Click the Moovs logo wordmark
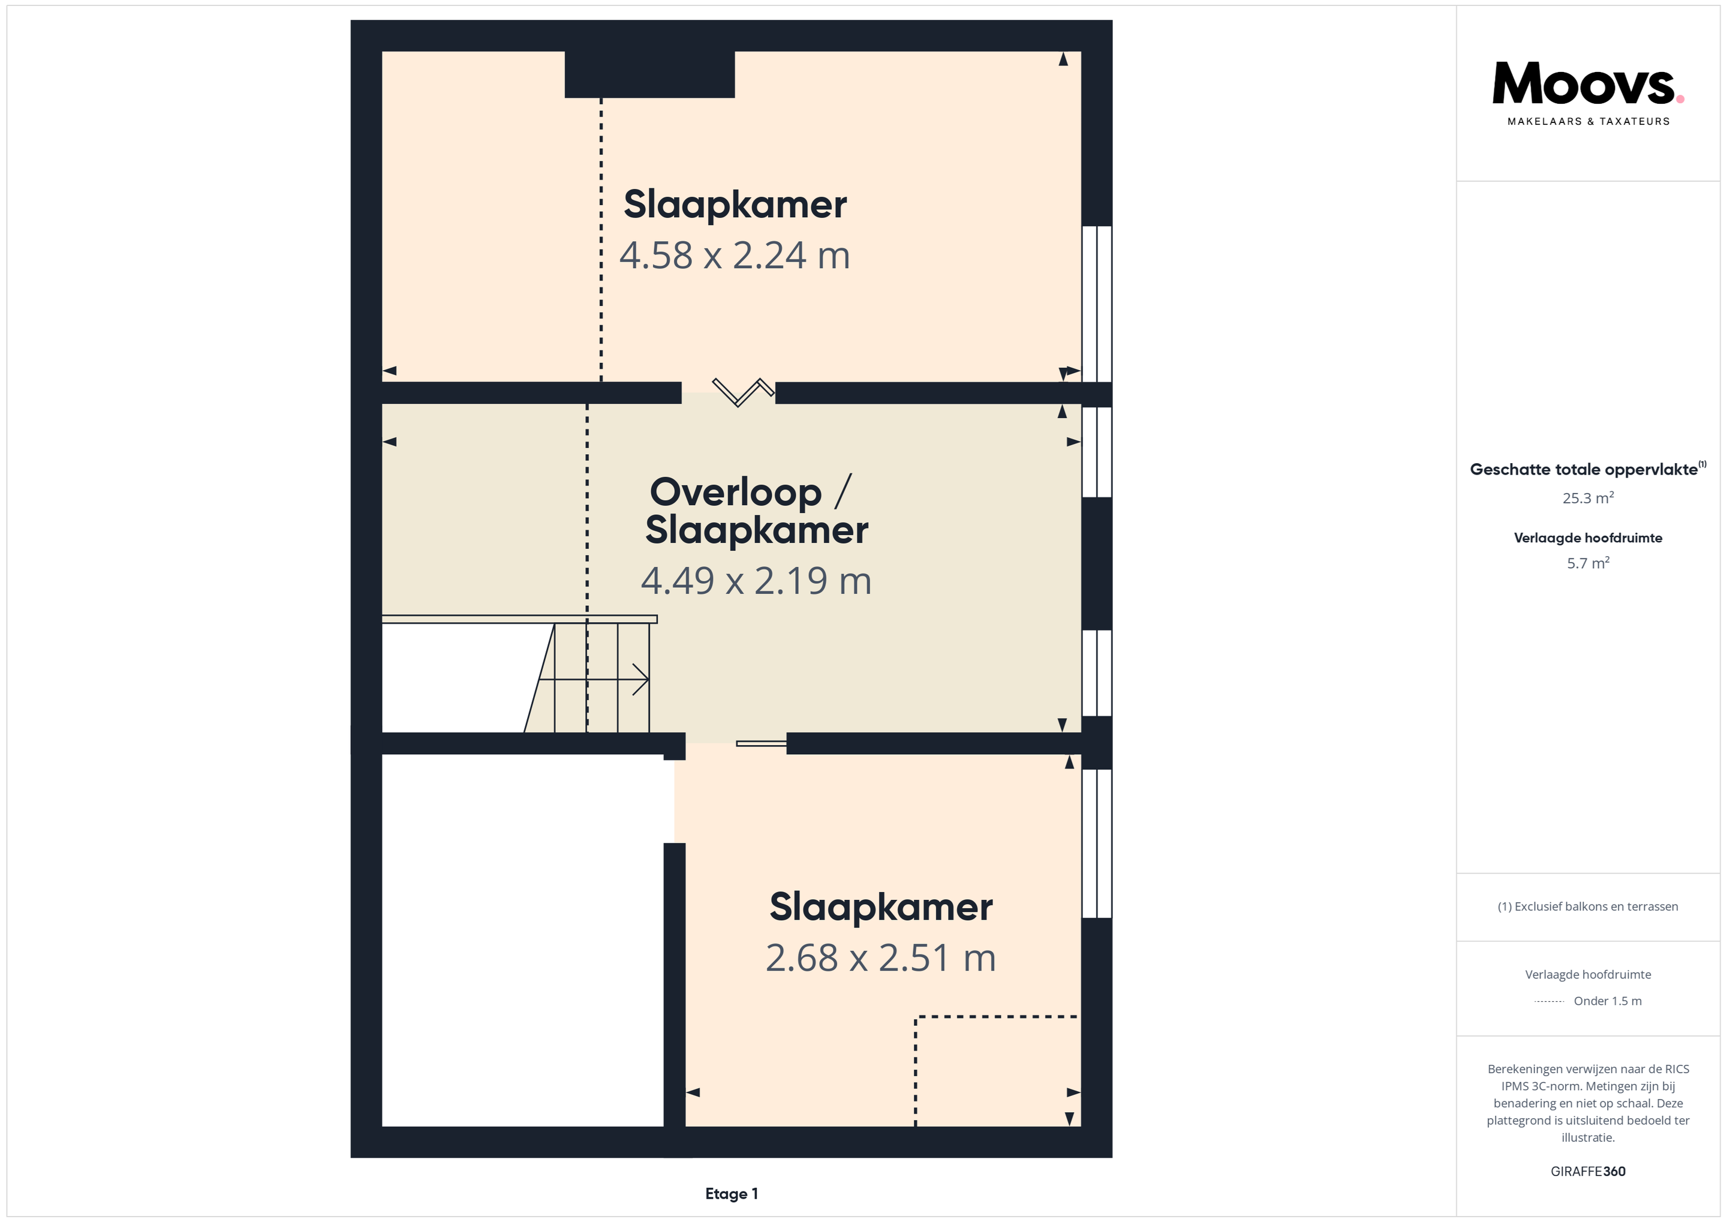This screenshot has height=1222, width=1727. pyautogui.click(x=1588, y=83)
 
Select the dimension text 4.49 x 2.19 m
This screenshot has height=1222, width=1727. pyautogui.click(x=756, y=581)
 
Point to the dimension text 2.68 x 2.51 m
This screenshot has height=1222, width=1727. pyautogui.click(x=881, y=958)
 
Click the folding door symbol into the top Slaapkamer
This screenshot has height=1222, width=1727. pyautogui.click(x=743, y=391)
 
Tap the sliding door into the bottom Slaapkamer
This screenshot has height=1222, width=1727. pyautogui.click(x=761, y=743)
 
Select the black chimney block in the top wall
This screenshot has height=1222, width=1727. pyautogui.click(x=650, y=74)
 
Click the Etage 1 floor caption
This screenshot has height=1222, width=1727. pyautogui.click(x=731, y=1193)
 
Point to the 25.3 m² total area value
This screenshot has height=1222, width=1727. pyautogui.click(x=1588, y=497)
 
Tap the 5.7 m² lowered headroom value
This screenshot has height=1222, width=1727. pyautogui.click(x=1588, y=563)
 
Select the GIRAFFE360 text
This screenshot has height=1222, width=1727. pyautogui.click(x=1588, y=1172)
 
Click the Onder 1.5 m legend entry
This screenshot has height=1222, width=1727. pyautogui.click(x=1608, y=1001)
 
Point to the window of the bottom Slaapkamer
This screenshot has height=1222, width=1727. pyautogui.click(x=1097, y=843)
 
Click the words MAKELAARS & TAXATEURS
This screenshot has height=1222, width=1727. pyautogui.click(x=1588, y=121)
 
